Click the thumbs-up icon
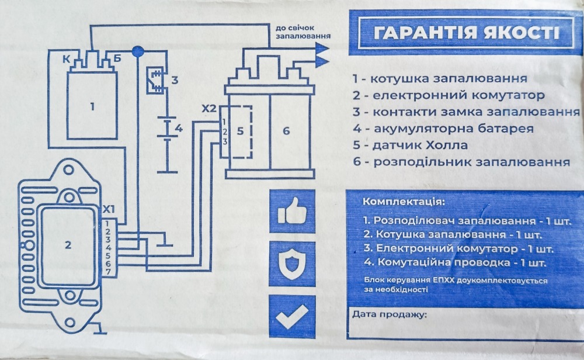coord(292,210)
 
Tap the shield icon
coord(292,264)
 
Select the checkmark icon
coord(292,317)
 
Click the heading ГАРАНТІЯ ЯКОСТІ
coord(466,33)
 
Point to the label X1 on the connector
coord(109,210)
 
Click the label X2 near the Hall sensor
coord(208,109)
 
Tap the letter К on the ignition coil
coord(67,59)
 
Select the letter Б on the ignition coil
coord(117,58)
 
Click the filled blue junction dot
coord(138,51)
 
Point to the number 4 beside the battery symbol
coord(179,129)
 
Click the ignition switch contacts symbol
coord(156,79)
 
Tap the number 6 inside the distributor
coord(286,131)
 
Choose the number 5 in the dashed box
coord(240,131)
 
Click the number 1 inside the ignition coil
coord(92,107)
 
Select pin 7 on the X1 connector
coord(109,272)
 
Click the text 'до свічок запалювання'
coord(303,32)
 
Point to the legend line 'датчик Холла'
coord(410,145)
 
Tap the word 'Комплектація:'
coord(404,202)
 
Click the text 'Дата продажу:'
coord(390,315)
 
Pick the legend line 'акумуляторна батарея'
coord(443,129)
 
